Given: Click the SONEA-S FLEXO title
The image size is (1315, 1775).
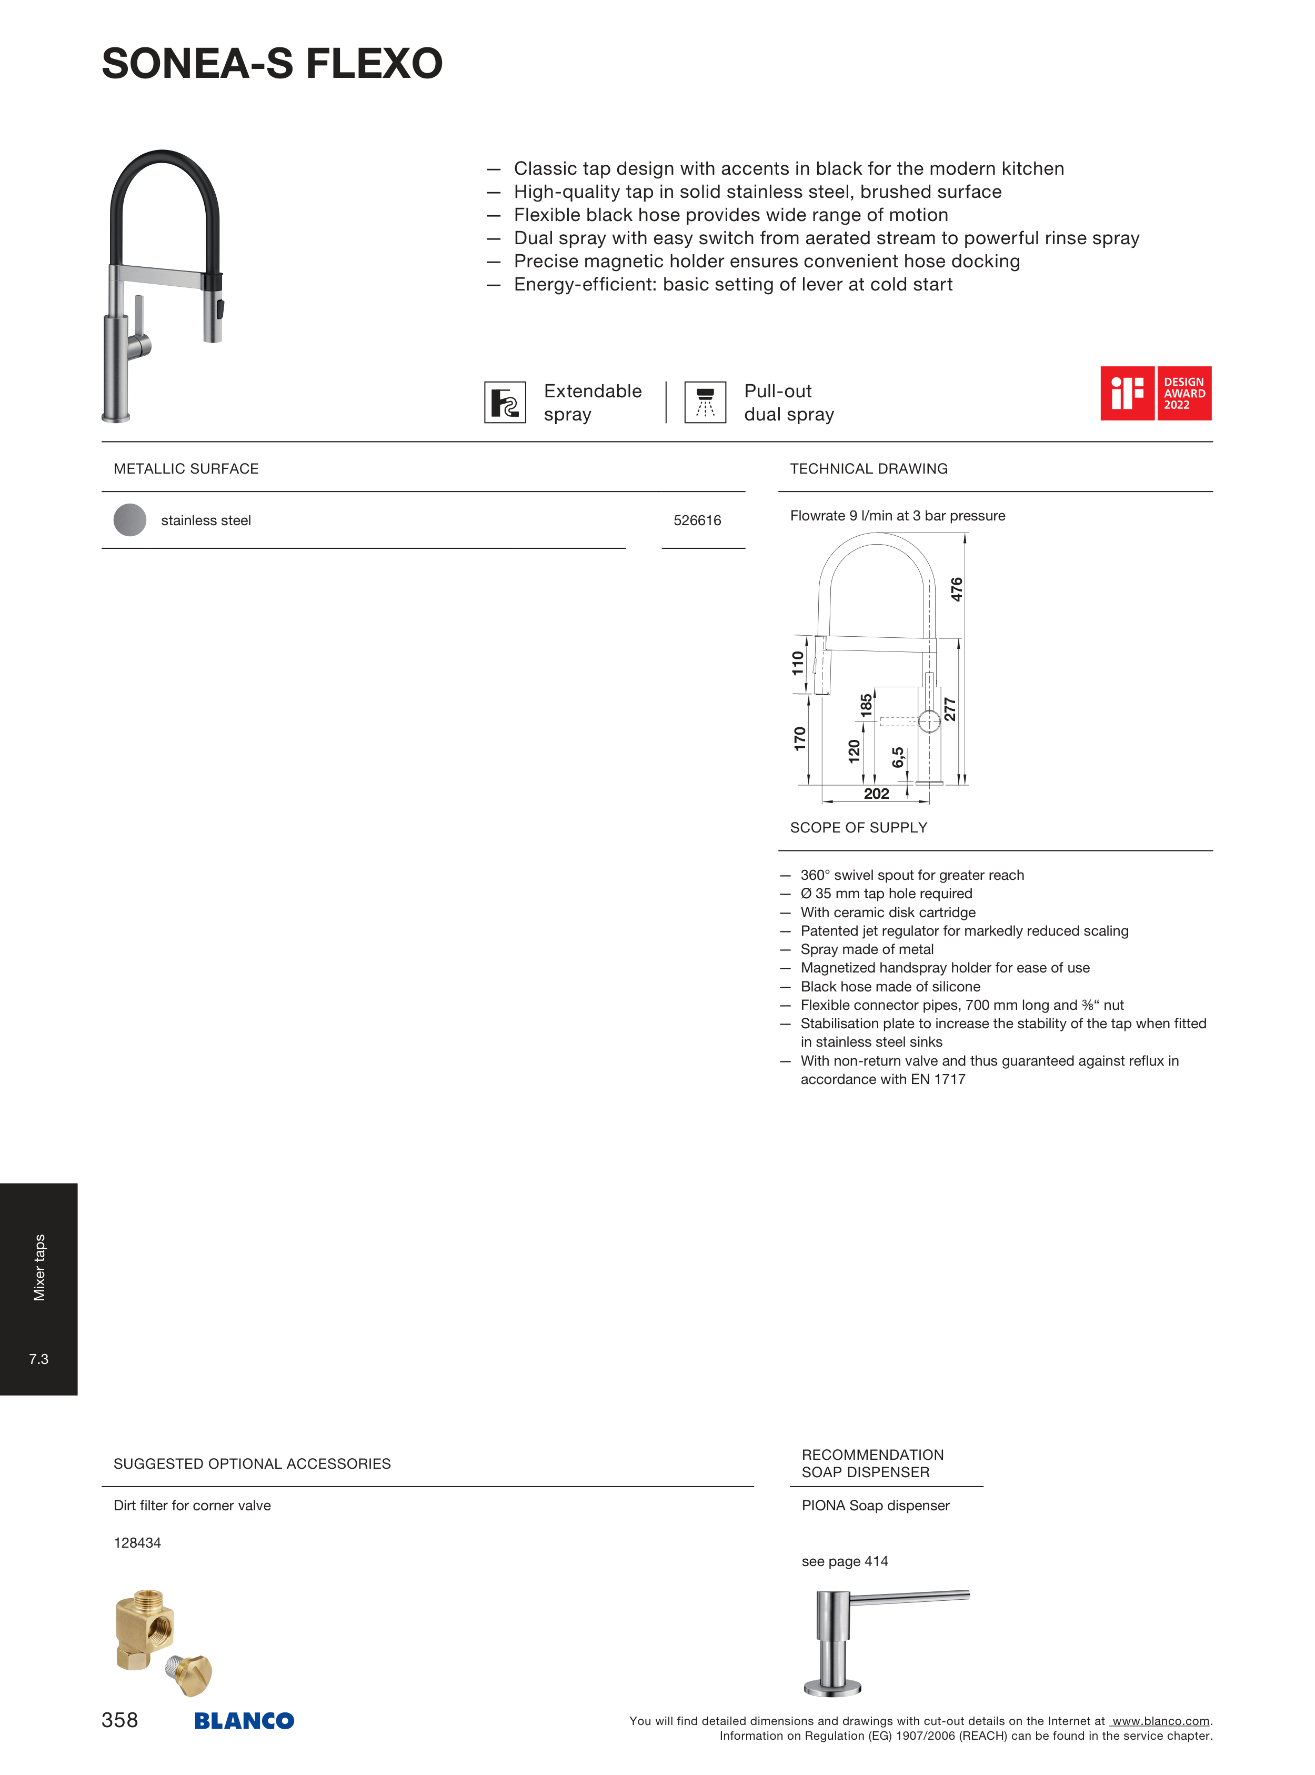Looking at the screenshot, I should pyautogui.click(x=272, y=64).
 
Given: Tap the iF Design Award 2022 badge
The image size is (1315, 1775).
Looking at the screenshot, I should pyautogui.click(x=1155, y=393).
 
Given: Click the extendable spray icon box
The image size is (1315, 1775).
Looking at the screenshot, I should pyautogui.click(x=505, y=402).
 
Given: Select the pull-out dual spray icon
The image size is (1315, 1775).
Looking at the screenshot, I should pyautogui.click(x=705, y=402).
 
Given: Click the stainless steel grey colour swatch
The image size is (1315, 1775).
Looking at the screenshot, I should pyautogui.click(x=130, y=520).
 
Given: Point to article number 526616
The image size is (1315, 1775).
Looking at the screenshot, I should pyautogui.click(x=697, y=520).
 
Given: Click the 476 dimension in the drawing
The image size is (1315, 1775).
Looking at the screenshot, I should pyautogui.click(x=956, y=589).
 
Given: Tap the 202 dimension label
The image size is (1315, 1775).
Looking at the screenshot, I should pyautogui.click(x=876, y=794).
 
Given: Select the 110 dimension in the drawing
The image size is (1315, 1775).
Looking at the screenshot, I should pyautogui.click(x=798, y=663).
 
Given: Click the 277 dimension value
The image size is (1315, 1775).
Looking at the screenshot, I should pyautogui.click(x=950, y=708).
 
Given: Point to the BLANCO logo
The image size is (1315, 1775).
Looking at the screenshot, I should pyautogui.click(x=244, y=1720).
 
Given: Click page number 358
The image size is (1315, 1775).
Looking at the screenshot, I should pyautogui.click(x=119, y=1720).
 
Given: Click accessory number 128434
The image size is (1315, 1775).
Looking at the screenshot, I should pyautogui.click(x=137, y=1542).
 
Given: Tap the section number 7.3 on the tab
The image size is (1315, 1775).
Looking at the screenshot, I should pyautogui.click(x=38, y=1359).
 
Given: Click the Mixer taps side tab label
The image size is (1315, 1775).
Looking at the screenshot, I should pyautogui.click(x=39, y=1267).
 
